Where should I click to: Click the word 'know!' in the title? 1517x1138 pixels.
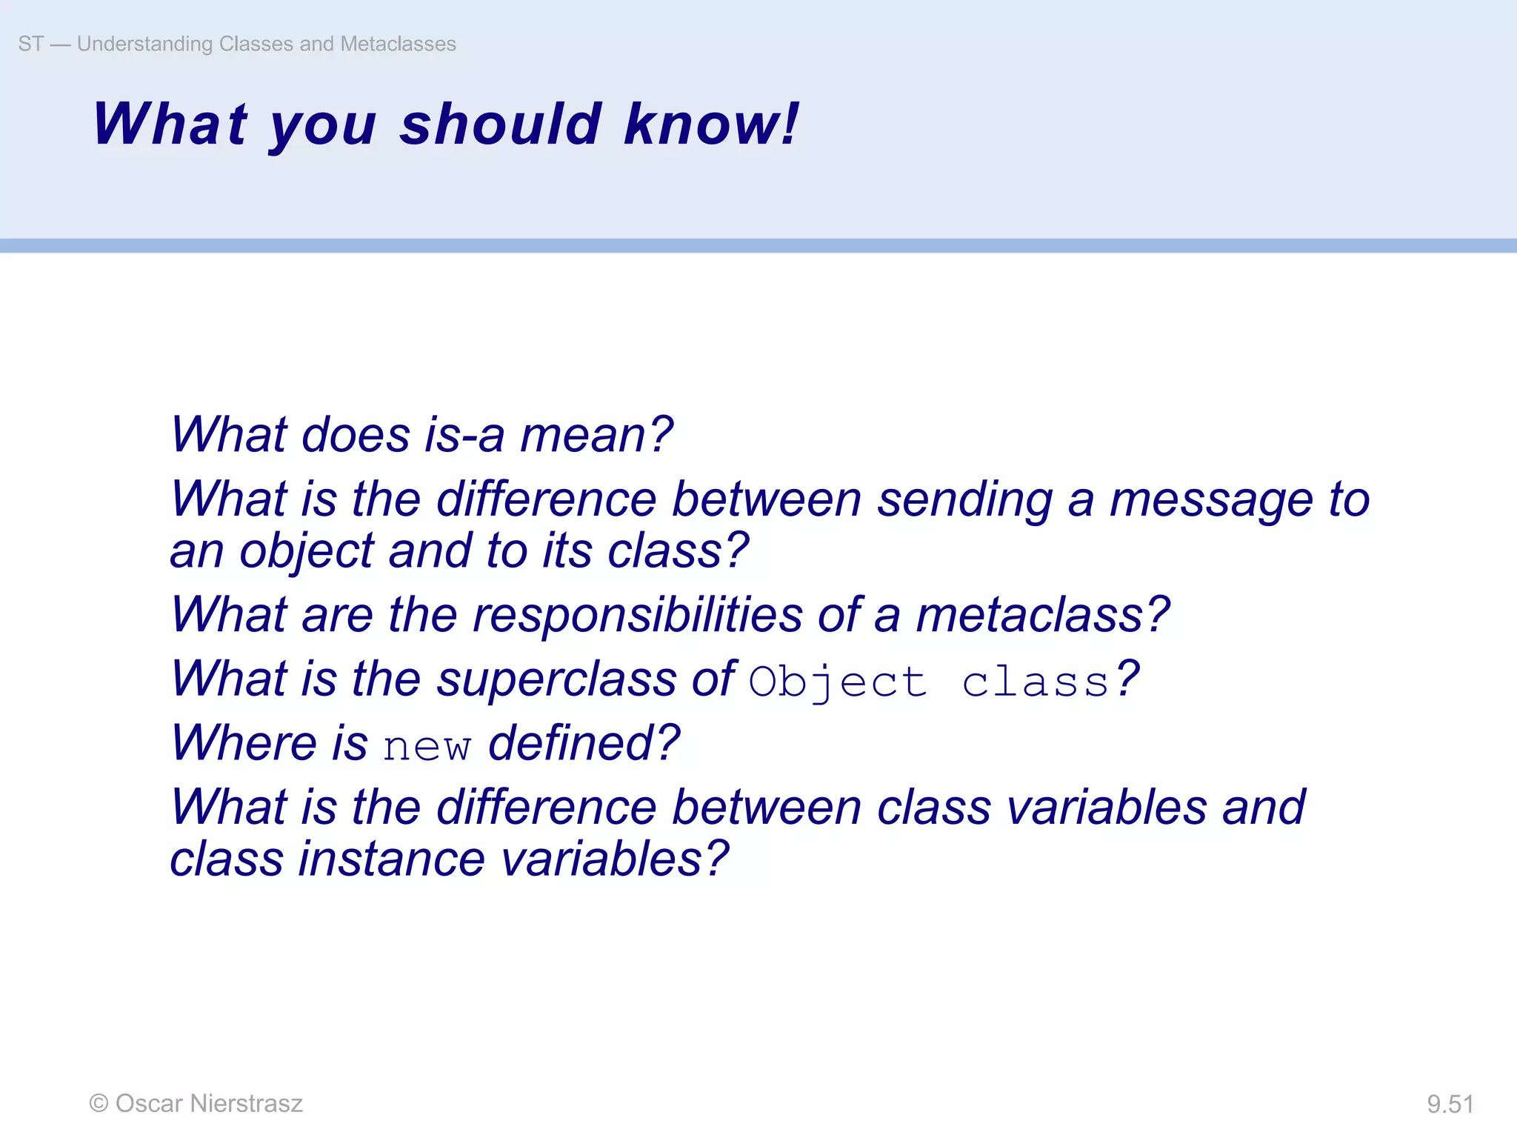tap(711, 124)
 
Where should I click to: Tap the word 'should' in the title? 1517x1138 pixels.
tap(501, 124)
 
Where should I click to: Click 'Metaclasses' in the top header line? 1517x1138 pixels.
tap(398, 44)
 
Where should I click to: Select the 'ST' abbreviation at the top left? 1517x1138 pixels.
tap(30, 44)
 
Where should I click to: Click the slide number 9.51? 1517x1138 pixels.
tap(1450, 1104)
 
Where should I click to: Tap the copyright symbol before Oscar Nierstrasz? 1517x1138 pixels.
tap(99, 1104)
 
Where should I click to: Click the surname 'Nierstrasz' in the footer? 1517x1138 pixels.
tap(246, 1104)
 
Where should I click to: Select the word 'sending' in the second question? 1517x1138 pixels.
tap(964, 500)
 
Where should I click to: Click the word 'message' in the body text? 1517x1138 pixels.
tap(1211, 500)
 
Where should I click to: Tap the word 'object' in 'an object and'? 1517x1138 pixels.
tap(306, 552)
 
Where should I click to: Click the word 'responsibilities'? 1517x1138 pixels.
tap(637, 615)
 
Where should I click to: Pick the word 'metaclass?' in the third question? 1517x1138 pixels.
tap(1042, 615)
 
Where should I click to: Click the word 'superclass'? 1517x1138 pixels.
tap(556, 679)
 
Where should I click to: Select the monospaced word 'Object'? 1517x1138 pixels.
tap(838, 682)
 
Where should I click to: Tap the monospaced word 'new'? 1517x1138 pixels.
tap(427, 746)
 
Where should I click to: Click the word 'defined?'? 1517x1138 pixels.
tap(584, 743)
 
